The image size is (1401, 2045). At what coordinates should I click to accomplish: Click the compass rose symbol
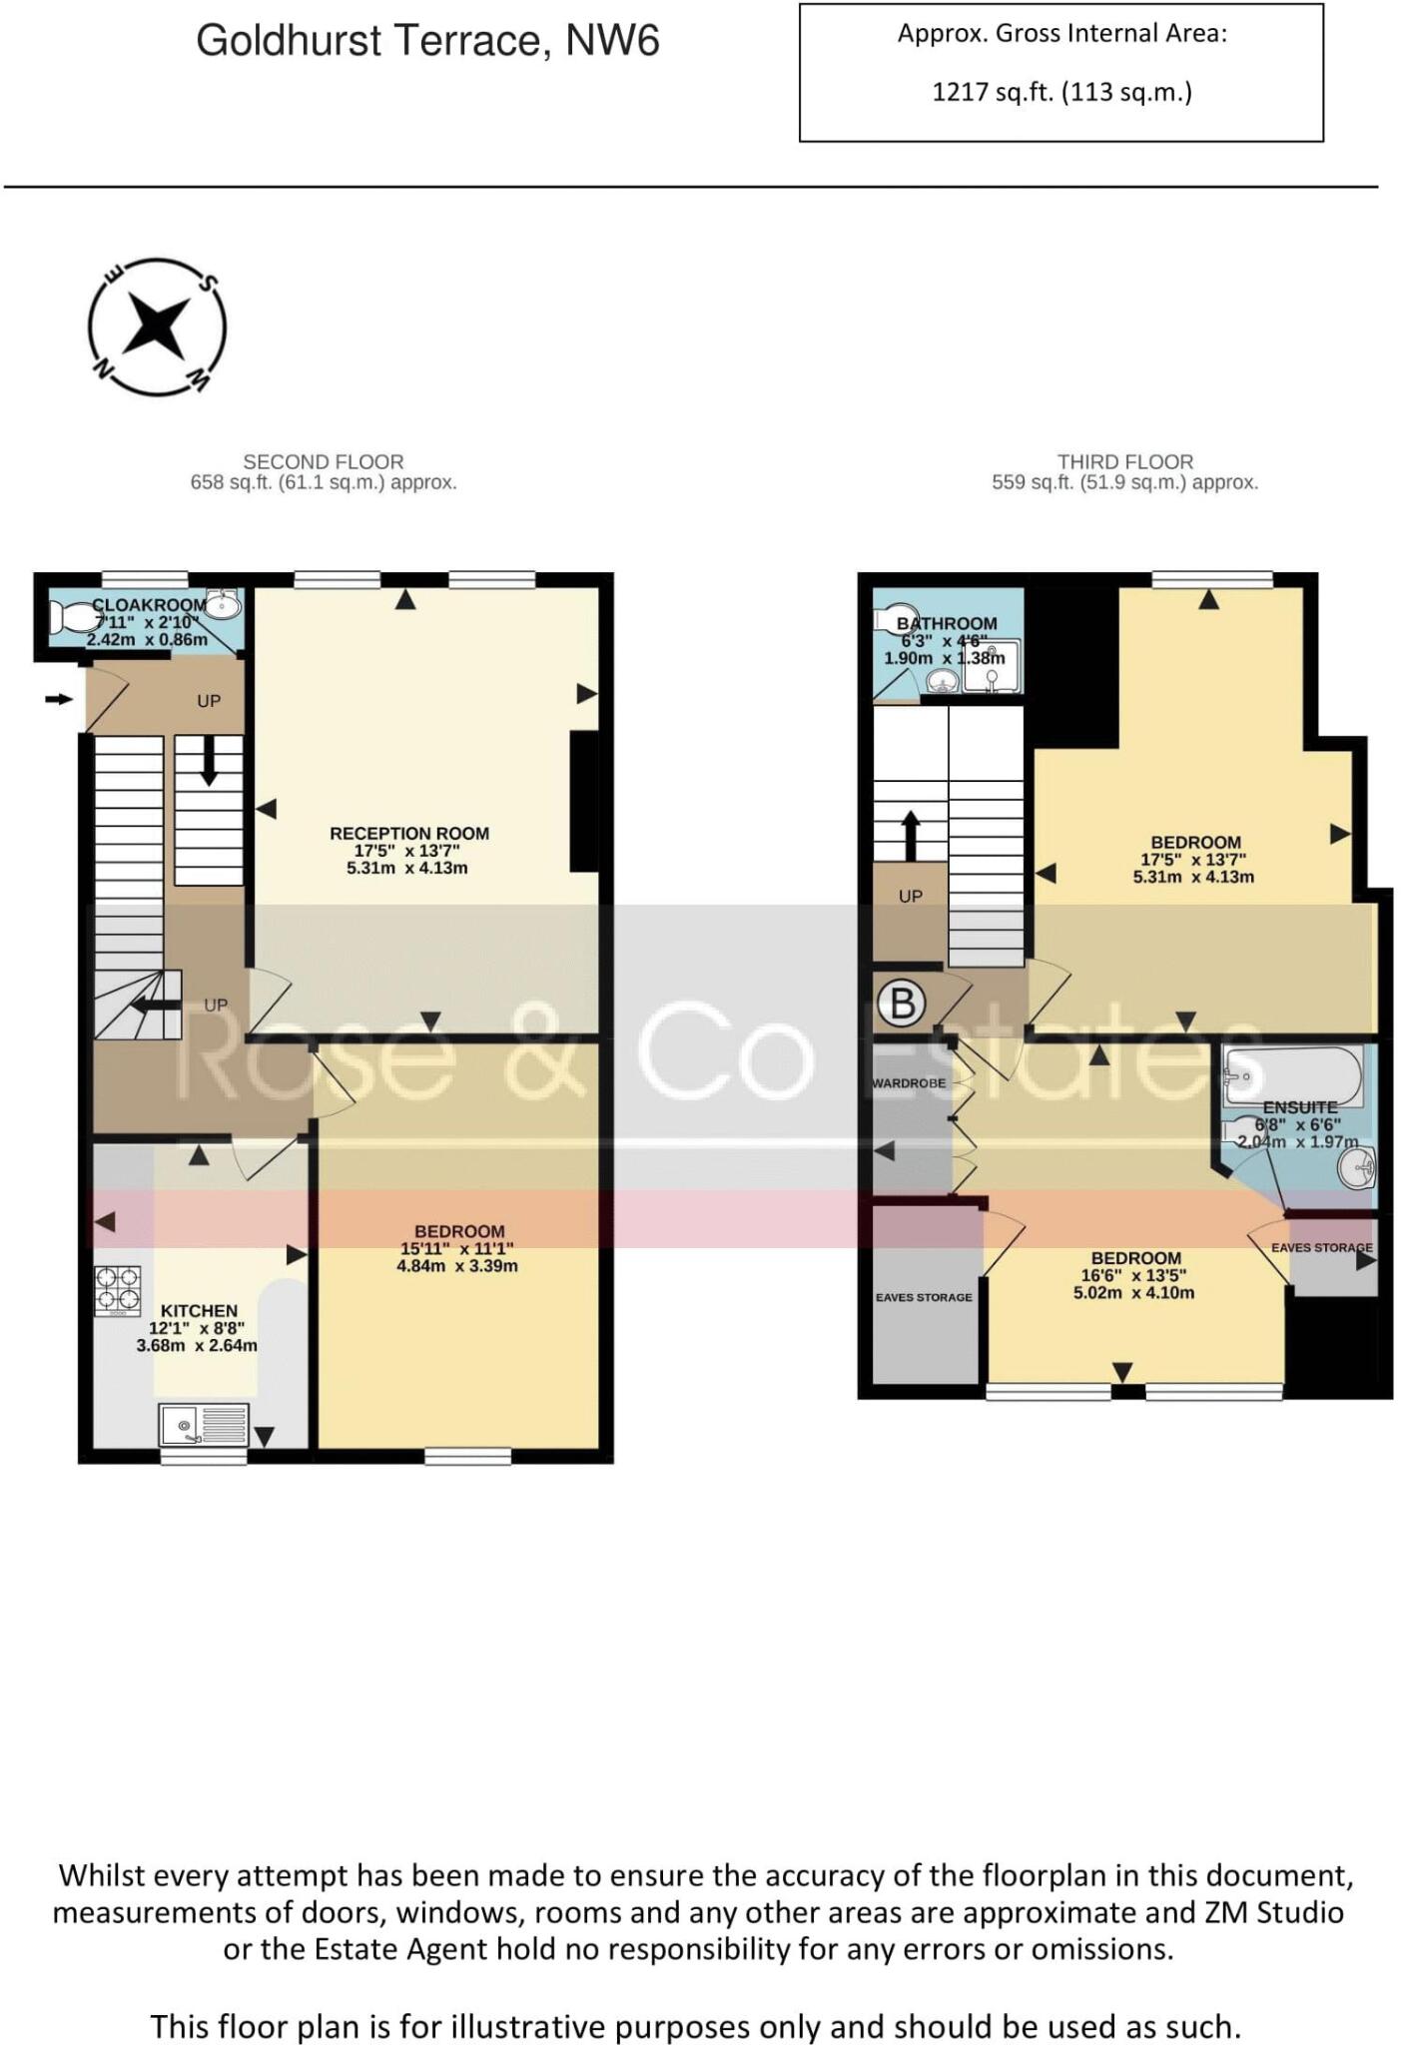coord(157,328)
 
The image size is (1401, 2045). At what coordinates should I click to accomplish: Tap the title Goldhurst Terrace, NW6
coord(427,41)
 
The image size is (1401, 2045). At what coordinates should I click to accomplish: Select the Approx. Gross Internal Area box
coord(1060,72)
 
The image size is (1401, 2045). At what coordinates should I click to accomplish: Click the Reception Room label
coord(409,833)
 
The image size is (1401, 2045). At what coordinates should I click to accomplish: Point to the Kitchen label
coord(199,1310)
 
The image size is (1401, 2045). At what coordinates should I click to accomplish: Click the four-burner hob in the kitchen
coord(118,1291)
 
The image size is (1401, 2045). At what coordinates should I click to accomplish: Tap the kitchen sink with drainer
coord(204,1425)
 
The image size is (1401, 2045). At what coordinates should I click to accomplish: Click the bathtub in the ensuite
coord(1292,1075)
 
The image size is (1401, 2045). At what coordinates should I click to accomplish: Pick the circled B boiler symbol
coord(902,1003)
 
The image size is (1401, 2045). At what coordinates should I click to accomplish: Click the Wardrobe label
coord(909,1083)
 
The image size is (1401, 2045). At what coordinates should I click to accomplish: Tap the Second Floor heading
coord(324,461)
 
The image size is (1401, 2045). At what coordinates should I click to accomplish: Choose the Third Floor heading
coord(1125,461)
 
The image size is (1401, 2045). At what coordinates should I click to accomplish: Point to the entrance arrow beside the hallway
coord(59,699)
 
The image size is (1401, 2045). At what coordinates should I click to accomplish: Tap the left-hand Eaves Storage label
coord(923,1297)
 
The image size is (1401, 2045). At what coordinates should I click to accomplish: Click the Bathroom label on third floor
coord(947,623)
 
